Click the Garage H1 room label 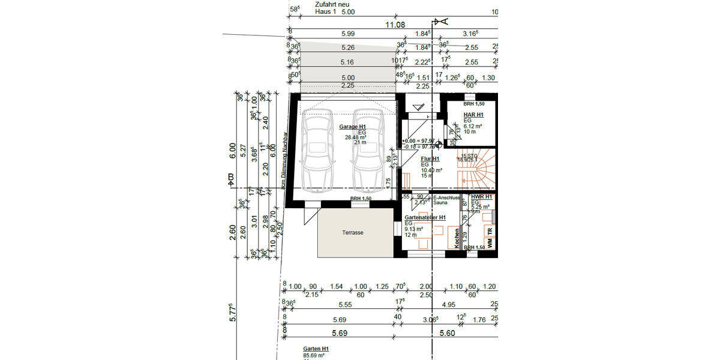click(x=353, y=127)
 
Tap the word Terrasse click(x=353, y=232)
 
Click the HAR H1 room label click(x=473, y=115)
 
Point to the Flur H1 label click(x=430, y=159)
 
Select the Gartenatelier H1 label click(x=425, y=217)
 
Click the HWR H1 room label click(x=481, y=197)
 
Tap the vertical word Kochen click(x=457, y=238)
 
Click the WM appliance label click(x=490, y=243)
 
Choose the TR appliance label click(x=490, y=230)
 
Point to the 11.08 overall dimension click(x=396, y=25)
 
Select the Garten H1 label click(x=316, y=349)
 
